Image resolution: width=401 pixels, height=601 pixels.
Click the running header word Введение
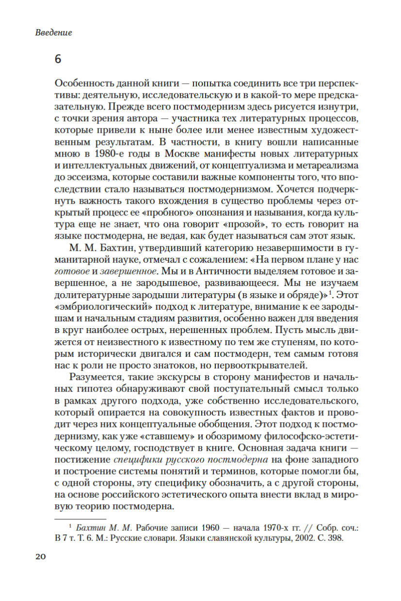[54, 33]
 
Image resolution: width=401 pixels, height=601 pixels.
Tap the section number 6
[58, 60]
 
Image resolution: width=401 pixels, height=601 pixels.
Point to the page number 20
[40, 556]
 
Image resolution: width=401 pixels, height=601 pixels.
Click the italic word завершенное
[135, 271]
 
